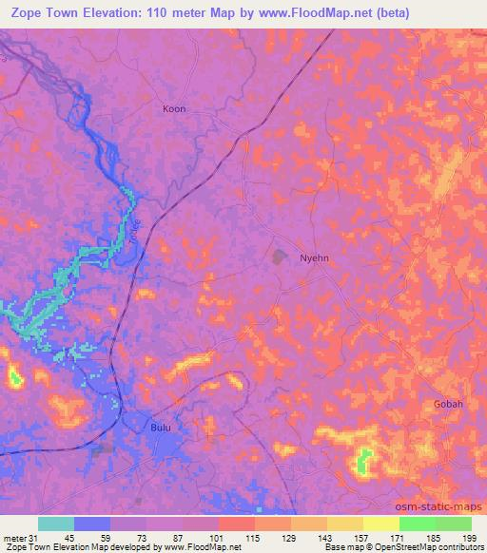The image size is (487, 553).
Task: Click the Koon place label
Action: pos(174,109)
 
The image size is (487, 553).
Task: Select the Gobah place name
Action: pos(448,404)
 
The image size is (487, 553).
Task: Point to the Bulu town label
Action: pos(161,429)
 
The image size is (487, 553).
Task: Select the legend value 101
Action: pos(218,538)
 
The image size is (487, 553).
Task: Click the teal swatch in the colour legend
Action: pos(56,524)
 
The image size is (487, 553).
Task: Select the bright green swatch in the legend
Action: pos(417,524)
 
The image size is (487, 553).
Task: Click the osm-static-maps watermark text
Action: pos(445,505)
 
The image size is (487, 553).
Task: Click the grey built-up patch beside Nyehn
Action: pos(280,256)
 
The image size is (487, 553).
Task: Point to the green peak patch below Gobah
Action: pos(362,462)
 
